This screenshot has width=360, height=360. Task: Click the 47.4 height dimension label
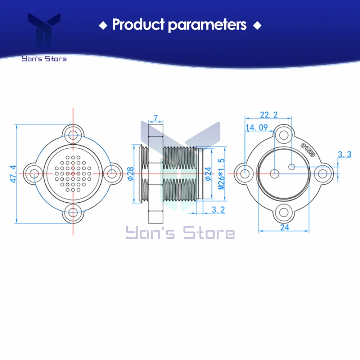tap(13, 174)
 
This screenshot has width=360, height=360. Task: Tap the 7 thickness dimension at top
tap(156, 118)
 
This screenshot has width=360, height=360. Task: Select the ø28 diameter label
tap(130, 174)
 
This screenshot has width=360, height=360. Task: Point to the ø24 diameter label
tap(208, 174)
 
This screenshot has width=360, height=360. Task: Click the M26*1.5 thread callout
tap(221, 174)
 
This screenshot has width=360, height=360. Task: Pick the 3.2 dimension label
tap(218, 210)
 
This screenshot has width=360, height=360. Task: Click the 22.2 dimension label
tap(269, 114)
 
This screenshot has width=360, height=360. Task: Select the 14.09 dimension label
tap(257, 127)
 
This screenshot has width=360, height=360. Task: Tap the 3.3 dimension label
tap(345, 154)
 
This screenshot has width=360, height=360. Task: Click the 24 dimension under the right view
tap(284, 227)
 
